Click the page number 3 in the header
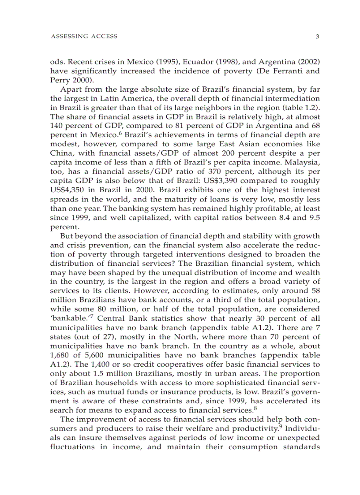(x=317, y=37)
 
